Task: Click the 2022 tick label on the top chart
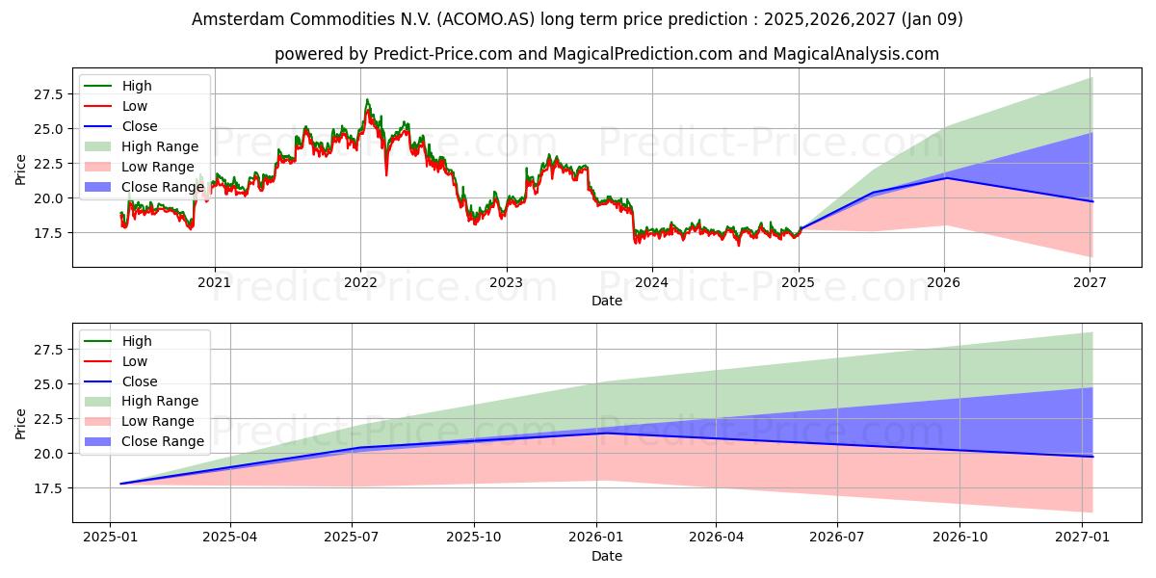(x=360, y=282)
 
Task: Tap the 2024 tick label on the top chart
(x=652, y=282)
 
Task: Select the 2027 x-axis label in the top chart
(x=1090, y=282)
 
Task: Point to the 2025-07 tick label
(x=352, y=538)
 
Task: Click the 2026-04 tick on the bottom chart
(x=716, y=538)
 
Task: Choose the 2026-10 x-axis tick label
(x=959, y=538)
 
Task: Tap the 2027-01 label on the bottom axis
(x=1082, y=538)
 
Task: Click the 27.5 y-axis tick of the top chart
(x=48, y=94)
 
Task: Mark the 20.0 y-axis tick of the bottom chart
(x=48, y=454)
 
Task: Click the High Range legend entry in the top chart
(x=141, y=146)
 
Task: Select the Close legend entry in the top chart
(x=120, y=126)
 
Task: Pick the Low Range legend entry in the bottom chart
(x=139, y=421)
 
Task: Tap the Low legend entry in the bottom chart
(x=116, y=361)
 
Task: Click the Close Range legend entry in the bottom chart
(x=144, y=441)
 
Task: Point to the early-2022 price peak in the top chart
(x=367, y=99)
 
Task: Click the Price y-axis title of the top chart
(x=20, y=170)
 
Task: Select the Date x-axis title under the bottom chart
(x=607, y=556)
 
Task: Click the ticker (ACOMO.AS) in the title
(x=486, y=19)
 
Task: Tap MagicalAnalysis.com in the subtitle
(x=856, y=54)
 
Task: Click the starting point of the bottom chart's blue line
(x=120, y=484)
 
